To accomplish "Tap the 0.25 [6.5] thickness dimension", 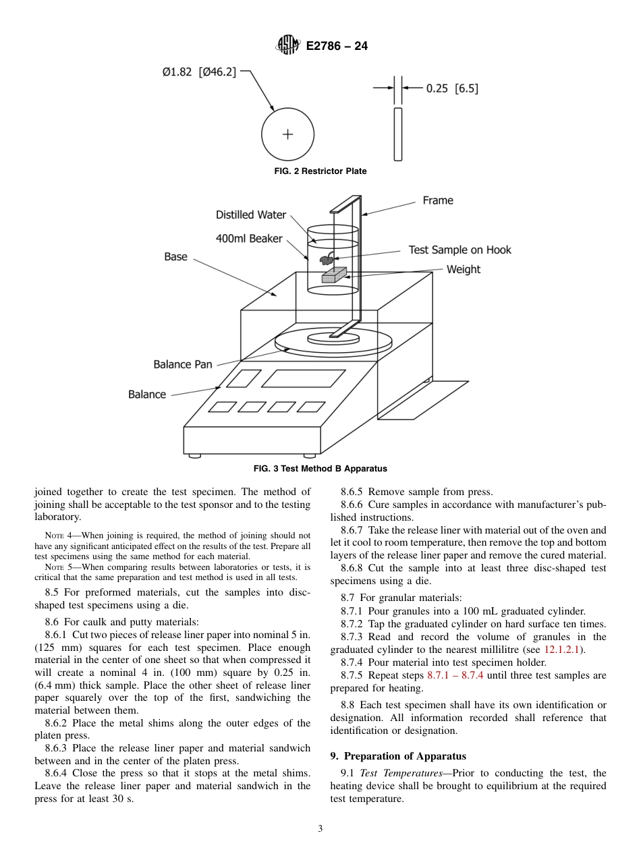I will [451, 88].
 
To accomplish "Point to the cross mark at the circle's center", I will [287, 134].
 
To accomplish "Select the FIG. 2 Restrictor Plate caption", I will [320, 171].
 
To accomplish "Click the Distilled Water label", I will [251, 215].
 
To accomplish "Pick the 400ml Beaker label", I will [249, 239].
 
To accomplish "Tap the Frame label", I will [438, 200].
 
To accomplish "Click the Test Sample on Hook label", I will [459, 250].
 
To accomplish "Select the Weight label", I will [464, 270].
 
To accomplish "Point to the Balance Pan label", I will [183, 364].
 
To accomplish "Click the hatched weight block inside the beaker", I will [333, 275].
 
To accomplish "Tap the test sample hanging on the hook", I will [326, 259].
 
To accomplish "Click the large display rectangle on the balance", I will [303, 378].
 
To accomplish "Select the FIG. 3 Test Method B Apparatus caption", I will [320, 469].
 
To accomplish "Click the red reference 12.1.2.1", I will [563, 650].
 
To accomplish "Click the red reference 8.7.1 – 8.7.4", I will [455, 675].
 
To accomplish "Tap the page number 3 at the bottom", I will [320, 829].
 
